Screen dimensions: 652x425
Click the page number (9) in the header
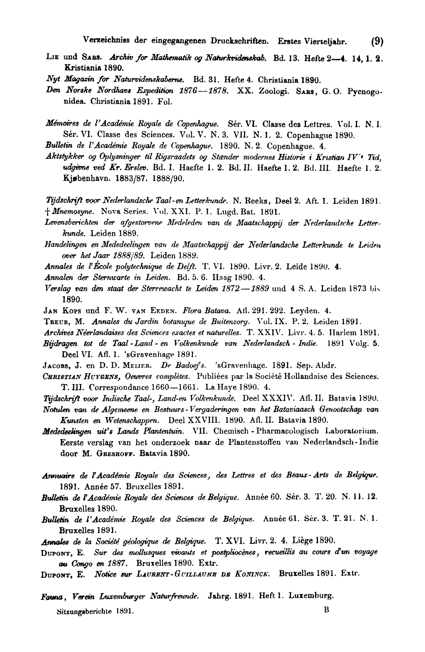pos(377,41)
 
